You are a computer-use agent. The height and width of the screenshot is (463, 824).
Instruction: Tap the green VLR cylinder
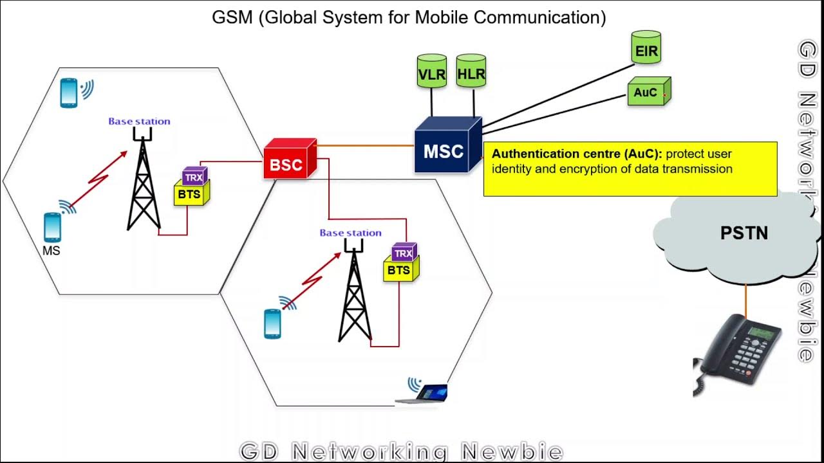pyautogui.click(x=431, y=72)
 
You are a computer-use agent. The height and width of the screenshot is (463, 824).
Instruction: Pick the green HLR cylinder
pyautogui.click(x=471, y=72)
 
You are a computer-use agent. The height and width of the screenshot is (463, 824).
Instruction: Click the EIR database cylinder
pyautogui.click(x=646, y=48)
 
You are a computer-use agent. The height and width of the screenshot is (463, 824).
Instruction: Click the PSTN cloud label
pyautogui.click(x=744, y=233)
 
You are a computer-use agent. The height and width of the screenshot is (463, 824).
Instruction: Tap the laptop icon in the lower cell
pyautogui.click(x=425, y=392)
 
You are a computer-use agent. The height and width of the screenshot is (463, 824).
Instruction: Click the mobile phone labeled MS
pyautogui.click(x=52, y=227)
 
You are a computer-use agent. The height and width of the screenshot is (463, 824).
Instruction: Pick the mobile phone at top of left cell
pyautogui.click(x=69, y=93)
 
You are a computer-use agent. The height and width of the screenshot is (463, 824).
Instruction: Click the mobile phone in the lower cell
pyautogui.click(x=273, y=323)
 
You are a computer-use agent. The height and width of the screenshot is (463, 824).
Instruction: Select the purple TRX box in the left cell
pyautogui.click(x=194, y=177)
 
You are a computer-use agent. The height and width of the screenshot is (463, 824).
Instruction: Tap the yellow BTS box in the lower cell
pyautogui.click(x=400, y=269)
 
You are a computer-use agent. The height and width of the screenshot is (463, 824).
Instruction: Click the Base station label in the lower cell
pyautogui.click(x=350, y=233)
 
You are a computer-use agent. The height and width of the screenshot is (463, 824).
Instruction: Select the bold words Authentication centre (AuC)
pyautogui.click(x=577, y=154)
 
